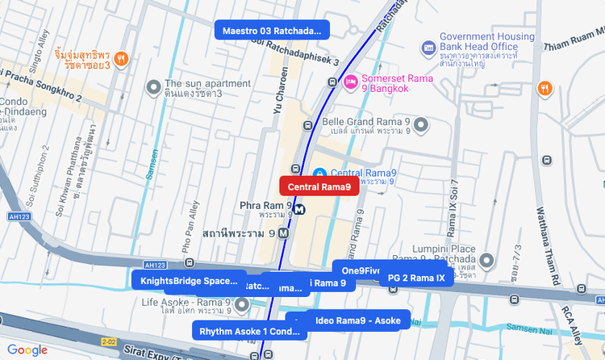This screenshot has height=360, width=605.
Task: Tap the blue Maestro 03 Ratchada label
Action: (x=272, y=31)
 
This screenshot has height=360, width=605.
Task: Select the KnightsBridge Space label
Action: (x=189, y=281)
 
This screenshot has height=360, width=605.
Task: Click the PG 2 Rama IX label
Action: (x=416, y=278)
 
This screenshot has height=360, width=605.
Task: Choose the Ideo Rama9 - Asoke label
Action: (x=358, y=320)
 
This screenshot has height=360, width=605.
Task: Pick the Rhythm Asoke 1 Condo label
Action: (x=248, y=331)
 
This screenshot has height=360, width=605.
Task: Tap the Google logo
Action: (x=27, y=350)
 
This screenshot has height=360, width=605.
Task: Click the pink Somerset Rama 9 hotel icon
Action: (x=351, y=82)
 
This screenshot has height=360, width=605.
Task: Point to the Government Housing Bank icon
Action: (x=429, y=48)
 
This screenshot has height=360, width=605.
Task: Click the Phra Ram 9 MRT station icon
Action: (x=299, y=209)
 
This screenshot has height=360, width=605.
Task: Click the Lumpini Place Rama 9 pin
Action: (x=486, y=262)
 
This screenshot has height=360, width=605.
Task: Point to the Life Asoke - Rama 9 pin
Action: (x=242, y=302)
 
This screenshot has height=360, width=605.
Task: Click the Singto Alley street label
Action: (x=38, y=48)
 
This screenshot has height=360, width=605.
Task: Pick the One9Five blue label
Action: (x=360, y=270)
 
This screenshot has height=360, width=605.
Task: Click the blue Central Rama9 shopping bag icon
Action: (x=319, y=174)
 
